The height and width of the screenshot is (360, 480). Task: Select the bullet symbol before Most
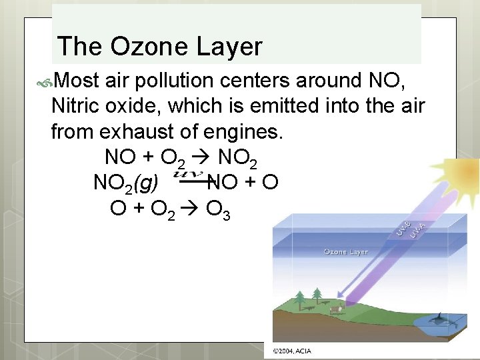[x=47, y=81]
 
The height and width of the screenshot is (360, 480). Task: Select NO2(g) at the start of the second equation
[x=126, y=183]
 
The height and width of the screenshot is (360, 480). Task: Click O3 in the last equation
[x=218, y=209]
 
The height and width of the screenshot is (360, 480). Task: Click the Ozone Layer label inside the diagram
[x=345, y=251]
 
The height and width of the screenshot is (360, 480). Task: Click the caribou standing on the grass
[x=337, y=308]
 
